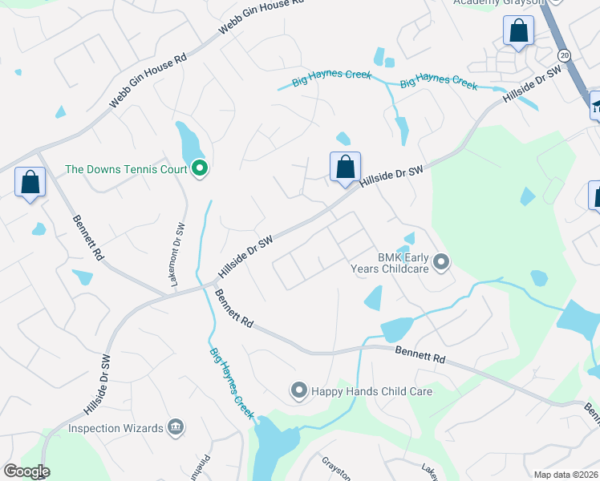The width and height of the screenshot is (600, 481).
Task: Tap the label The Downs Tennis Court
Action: pos(126,169)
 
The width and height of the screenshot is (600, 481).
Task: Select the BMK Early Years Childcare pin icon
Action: pos(440,261)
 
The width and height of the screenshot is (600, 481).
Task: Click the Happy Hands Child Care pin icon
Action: pos(298,391)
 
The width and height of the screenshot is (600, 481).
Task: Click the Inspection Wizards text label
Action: pos(115,428)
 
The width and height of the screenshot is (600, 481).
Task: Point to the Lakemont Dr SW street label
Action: pos(180,253)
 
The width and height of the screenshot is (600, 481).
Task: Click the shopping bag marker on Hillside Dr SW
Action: pos(345,167)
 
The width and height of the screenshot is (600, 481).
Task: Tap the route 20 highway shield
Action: pos(565,55)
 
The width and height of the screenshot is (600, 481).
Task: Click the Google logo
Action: pos(26,471)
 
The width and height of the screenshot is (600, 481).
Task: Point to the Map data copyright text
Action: pos(566,475)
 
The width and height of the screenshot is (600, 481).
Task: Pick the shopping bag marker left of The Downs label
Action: pos(30,182)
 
